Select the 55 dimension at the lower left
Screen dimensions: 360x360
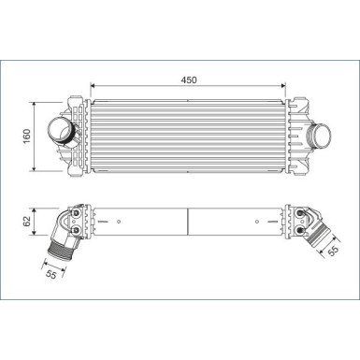click(52, 274)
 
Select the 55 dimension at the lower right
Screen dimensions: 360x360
click(333, 250)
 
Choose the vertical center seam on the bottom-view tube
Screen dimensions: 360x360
click(190, 223)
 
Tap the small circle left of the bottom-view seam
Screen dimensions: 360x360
click(122, 222)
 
